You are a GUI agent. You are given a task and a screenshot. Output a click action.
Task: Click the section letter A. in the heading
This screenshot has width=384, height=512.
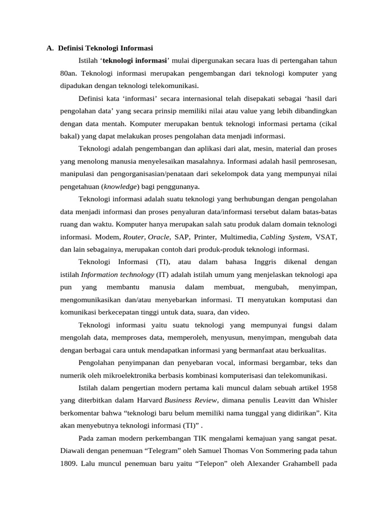pos(50,48)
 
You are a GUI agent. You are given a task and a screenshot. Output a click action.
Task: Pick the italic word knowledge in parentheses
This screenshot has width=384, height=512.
pos(120,186)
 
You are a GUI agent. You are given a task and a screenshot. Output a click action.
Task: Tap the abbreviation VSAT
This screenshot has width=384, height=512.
pos(326,237)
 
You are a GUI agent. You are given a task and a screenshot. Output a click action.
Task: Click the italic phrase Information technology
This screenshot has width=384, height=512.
pos(117,274)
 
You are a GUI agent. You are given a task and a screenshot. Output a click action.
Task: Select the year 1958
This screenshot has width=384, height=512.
pos(329,387)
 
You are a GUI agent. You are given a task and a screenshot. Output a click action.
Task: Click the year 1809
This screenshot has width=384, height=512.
pos(68,463)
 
